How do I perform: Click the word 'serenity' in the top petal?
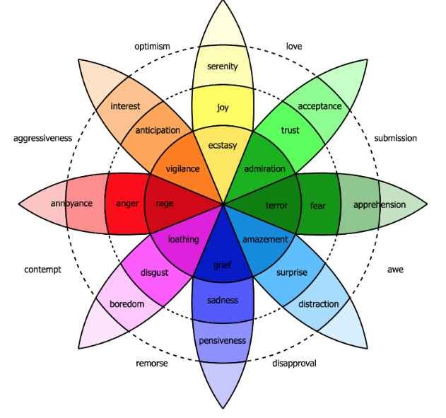222,66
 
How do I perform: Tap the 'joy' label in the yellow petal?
223,108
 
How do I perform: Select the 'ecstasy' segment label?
223,146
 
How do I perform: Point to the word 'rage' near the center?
165,204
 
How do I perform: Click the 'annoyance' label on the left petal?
71,204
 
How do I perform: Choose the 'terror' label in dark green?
276,205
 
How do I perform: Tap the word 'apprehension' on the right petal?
380,205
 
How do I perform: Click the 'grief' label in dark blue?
222,265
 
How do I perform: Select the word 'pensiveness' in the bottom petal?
222,340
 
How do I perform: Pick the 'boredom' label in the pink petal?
127,304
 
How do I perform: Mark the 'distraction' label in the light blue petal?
318,304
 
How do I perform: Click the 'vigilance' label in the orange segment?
182,169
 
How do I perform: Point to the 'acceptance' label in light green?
319,106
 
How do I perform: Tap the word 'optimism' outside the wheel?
153,47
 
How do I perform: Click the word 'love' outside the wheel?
294,47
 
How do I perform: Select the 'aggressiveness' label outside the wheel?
42,139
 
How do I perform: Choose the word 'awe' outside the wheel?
395,269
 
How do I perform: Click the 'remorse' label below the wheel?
151,364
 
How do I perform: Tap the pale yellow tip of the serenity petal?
223,25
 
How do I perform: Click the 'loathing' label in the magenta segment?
182,240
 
